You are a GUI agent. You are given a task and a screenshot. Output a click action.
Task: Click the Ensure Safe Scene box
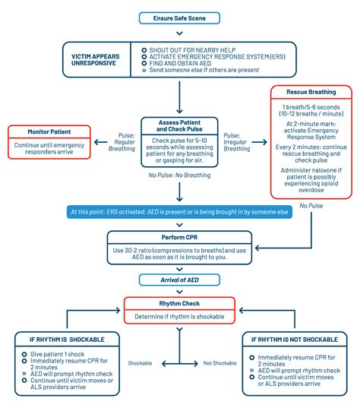pos(180,17)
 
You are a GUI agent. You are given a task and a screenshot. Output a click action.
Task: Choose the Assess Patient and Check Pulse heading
pos(179,126)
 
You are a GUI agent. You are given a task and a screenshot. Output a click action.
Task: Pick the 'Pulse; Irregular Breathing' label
pos(237,142)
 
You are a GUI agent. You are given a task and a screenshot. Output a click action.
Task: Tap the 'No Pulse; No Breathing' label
pos(179,176)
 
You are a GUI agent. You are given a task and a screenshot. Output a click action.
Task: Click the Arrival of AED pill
pos(180,280)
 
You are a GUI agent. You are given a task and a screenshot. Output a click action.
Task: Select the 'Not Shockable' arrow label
pos(219,364)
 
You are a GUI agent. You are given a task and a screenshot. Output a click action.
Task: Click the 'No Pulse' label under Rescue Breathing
pos(310,204)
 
